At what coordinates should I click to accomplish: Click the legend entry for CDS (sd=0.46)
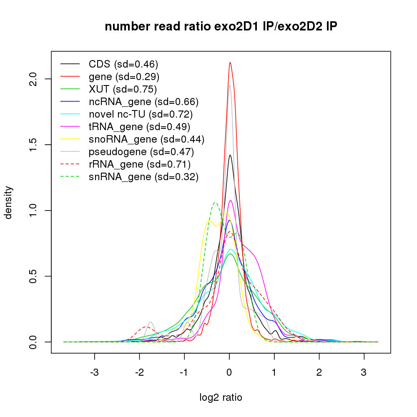pos(123,64)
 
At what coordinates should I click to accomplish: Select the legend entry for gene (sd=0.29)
pos(124,77)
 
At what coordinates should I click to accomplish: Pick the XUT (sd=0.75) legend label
pos(123,89)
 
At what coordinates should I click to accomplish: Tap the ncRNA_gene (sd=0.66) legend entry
pos(143,102)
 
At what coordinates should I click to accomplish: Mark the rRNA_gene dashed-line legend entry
pos(140,164)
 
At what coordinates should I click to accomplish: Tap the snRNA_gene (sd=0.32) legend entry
pos(143,177)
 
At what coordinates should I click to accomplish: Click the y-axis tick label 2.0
pos(35,79)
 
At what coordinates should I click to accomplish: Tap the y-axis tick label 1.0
pos(35,211)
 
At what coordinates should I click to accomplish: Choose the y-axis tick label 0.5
pos(35,276)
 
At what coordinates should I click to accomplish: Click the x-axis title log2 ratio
pos(221,397)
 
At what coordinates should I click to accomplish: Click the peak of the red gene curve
pos(230,63)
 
